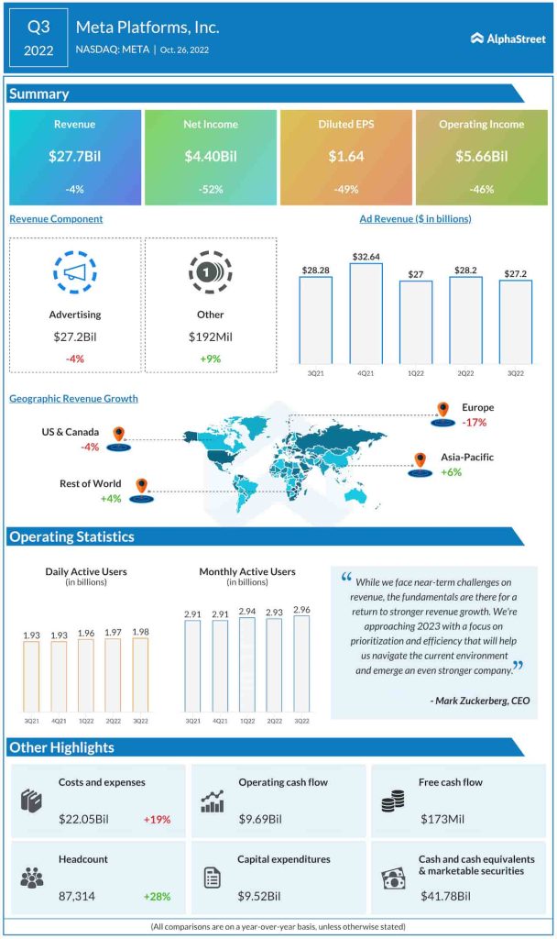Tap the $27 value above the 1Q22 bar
[415, 273]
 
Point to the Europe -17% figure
[475, 423]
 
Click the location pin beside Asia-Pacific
[420, 459]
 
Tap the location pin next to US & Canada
[118, 434]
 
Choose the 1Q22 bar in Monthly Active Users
[247, 664]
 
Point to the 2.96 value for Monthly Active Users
[302, 608]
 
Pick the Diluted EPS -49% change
[345, 190]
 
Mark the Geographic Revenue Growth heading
[73, 399]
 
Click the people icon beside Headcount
[32, 877]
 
